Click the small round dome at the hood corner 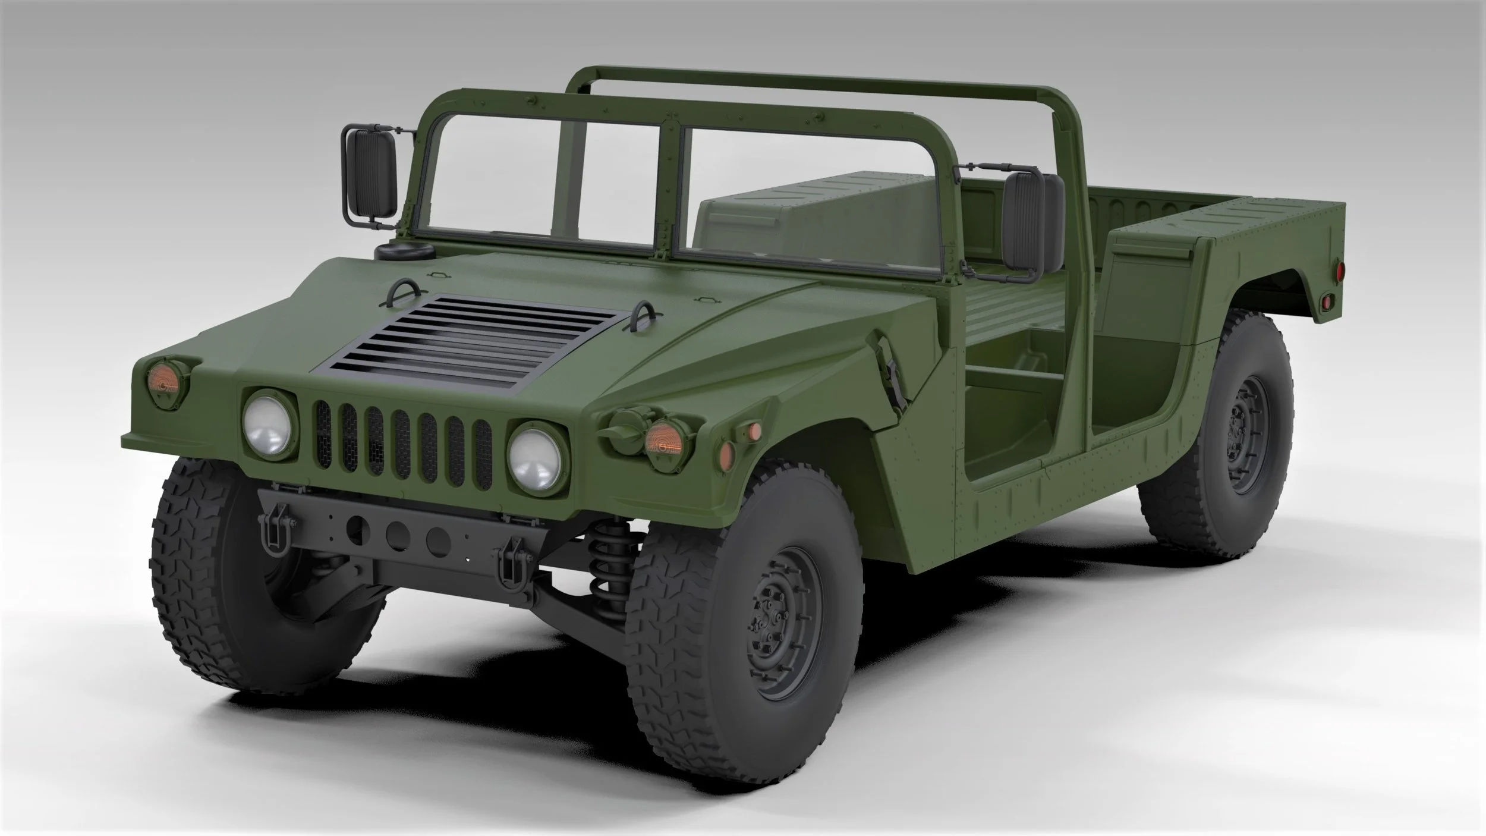[x=398, y=250]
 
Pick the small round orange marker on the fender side [x=754, y=429]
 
